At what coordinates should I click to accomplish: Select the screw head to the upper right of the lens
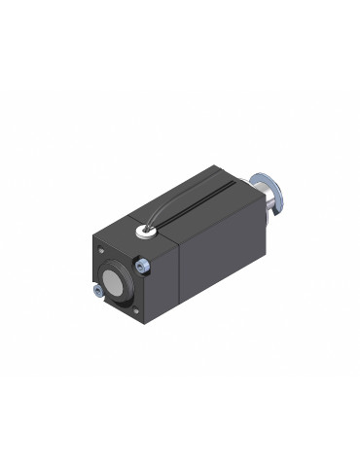point(142,264)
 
